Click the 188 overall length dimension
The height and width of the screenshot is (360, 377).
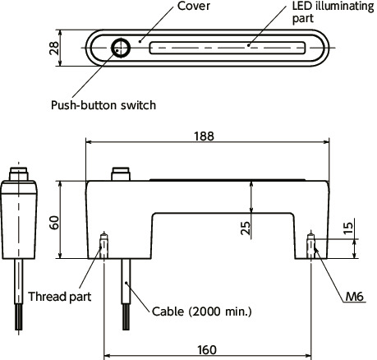pyautogui.click(x=204, y=136)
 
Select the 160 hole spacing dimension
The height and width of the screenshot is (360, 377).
pyautogui.click(x=207, y=350)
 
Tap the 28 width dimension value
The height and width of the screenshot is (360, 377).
pyautogui.click(x=54, y=48)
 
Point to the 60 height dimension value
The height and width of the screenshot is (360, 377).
pyautogui.click(x=54, y=223)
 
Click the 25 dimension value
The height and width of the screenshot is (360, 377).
pyautogui.click(x=246, y=228)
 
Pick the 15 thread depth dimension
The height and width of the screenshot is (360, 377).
pyautogui.click(x=348, y=228)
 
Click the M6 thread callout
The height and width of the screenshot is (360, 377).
pyautogui.click(x=355, y=296)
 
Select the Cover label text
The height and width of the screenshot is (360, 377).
pyautogui.click(x=194, y=6)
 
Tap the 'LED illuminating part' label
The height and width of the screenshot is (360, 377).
pyautogui.click(x=333, y=12)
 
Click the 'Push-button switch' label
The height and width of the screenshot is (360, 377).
pyautogui.click(x=103, y=105)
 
